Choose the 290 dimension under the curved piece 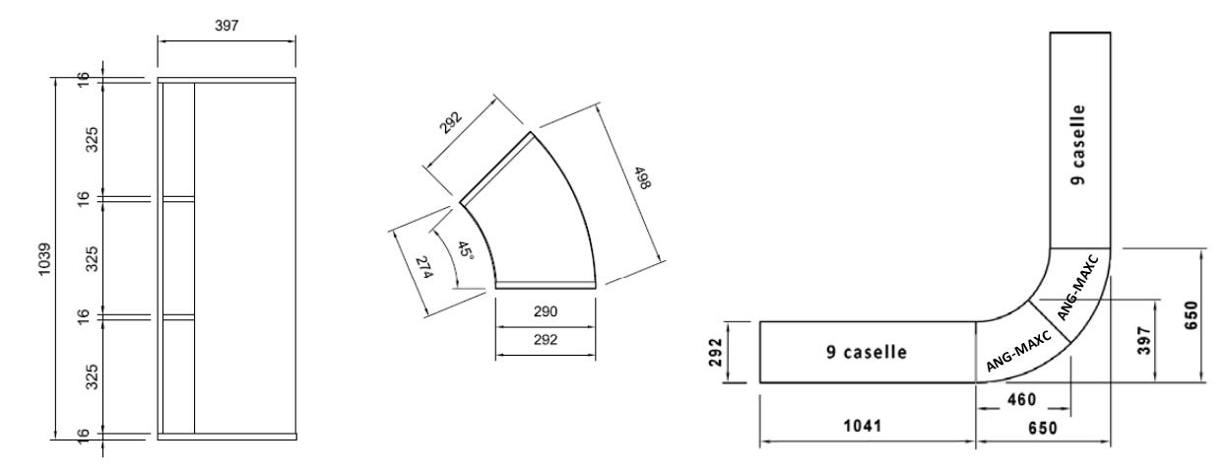point(546,311)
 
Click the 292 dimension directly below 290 point(546,340)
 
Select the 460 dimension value point(1020,400)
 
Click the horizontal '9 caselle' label point(867,352)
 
